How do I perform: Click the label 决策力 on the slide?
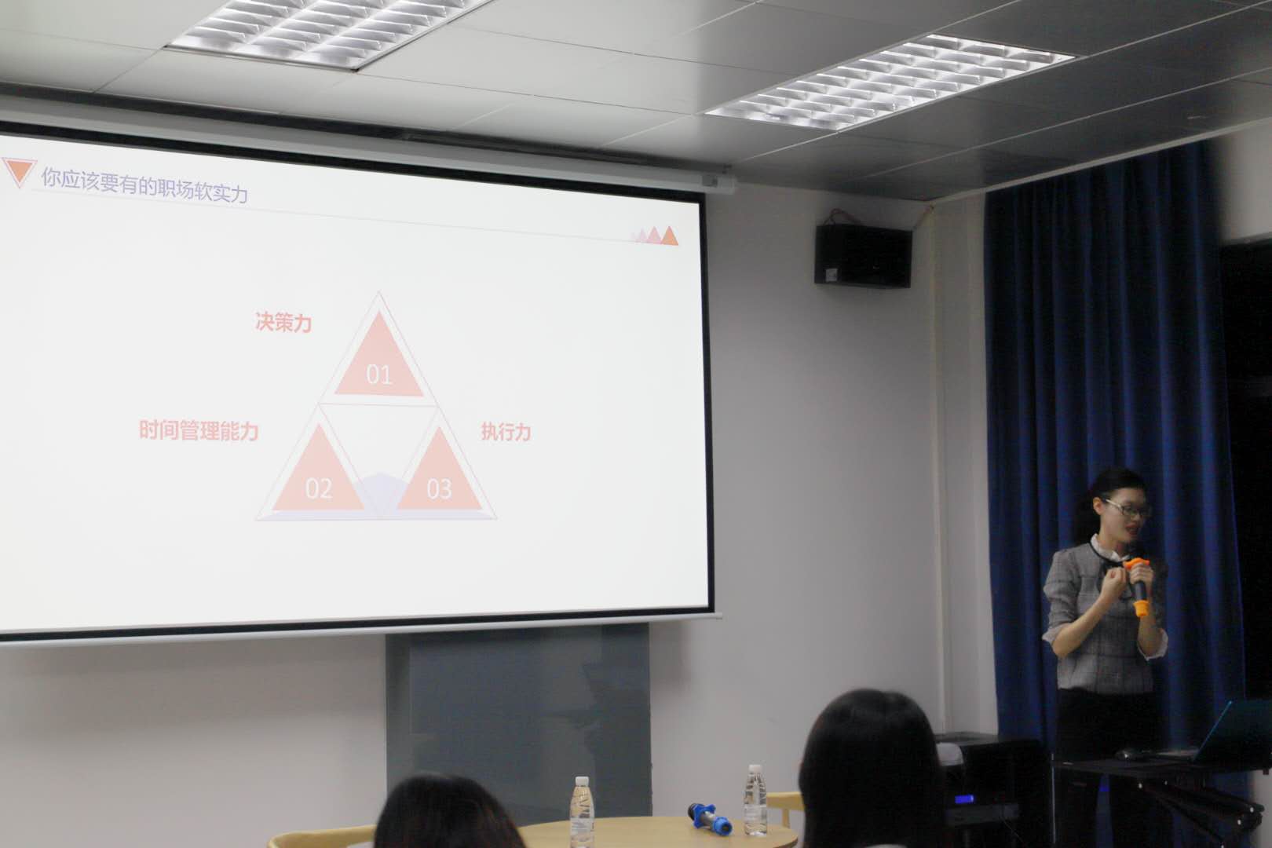283,323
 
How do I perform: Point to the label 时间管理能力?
199,430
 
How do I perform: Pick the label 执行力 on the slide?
506,432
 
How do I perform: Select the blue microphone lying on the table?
710,818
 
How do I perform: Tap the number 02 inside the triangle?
318,488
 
